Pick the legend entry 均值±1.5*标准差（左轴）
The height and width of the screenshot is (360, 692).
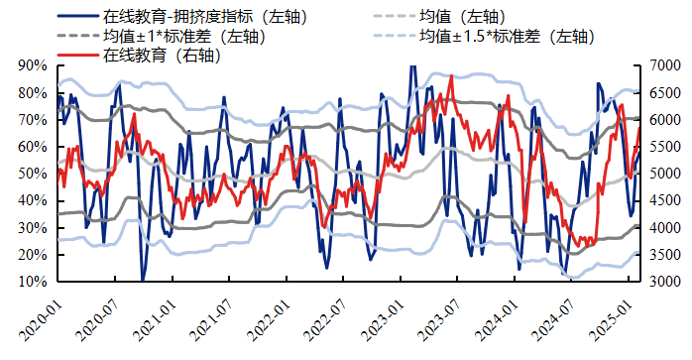click(x=506, y=37)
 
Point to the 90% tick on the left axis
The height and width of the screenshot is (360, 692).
click(x=33, y=65)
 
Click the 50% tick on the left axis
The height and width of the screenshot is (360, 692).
click(x=33, y=174)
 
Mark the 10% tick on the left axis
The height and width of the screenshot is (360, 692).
click(x=33, y=282)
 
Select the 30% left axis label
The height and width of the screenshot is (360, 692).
click(x=33, y=228)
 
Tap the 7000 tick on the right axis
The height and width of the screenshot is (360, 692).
click(x=663, y=65)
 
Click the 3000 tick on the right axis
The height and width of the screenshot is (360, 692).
click(x=663, y=282)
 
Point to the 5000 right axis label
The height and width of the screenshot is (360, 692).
click(x=663, y=174)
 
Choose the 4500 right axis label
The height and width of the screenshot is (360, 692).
click(x=663, y=200)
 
